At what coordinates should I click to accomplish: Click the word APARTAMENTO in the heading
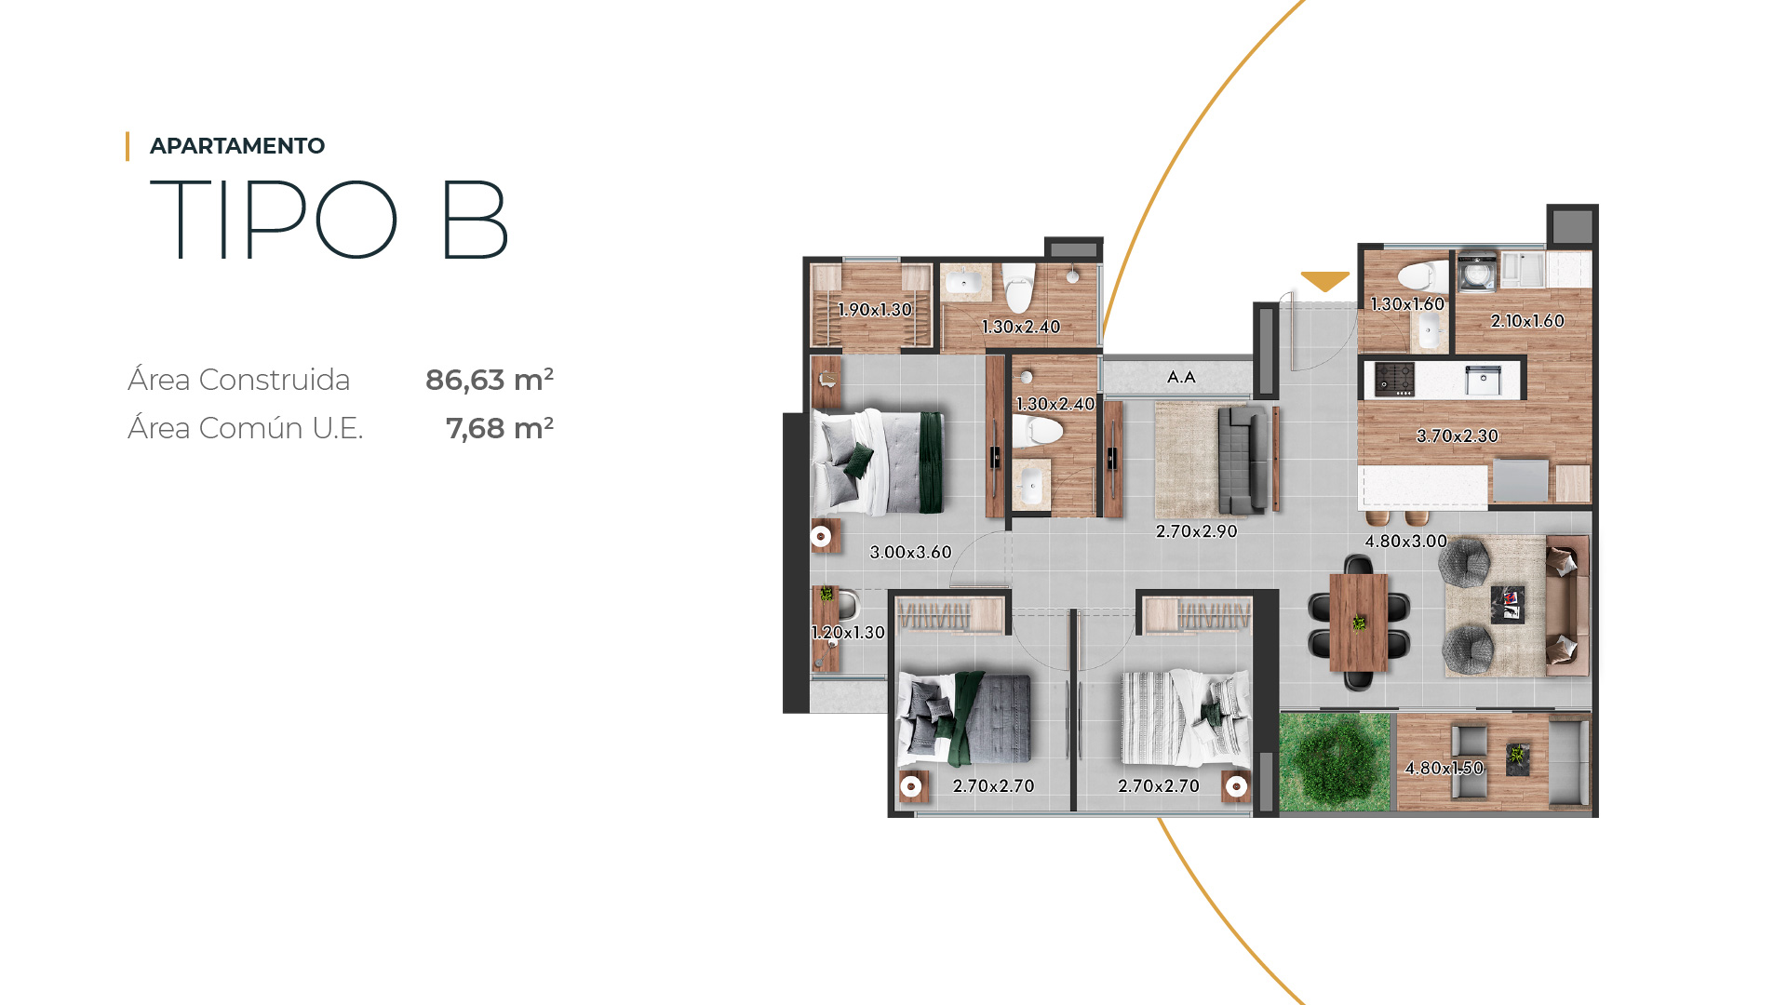237,146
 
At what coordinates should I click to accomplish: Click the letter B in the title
475,221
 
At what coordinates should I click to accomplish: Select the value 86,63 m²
490,380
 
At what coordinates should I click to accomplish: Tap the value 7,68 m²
500,428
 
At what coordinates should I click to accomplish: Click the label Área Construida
239,380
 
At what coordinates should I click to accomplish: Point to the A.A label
1181,377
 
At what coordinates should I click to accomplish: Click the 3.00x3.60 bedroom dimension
910,552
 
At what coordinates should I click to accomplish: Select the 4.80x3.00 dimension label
1405,541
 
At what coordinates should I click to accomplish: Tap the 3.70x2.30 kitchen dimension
1458,435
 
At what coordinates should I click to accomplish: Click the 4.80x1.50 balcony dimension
1444,768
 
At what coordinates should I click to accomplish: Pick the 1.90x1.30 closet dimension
874,310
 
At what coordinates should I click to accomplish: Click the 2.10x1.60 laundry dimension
1527,321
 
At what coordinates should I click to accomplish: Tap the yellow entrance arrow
1324,281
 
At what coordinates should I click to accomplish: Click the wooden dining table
1359,623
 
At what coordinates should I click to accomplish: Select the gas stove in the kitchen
1395,379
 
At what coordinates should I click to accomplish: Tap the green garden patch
1335,761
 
